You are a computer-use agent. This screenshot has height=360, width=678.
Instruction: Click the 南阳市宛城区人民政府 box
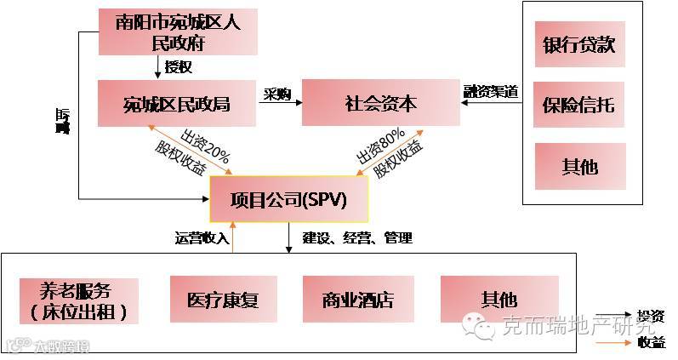coord(177,32)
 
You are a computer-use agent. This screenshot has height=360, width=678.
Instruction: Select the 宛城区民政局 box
coord(177,104)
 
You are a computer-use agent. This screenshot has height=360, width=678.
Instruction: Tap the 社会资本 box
coord(380,104)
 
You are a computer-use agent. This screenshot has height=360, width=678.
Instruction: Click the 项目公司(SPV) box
coord(289,199)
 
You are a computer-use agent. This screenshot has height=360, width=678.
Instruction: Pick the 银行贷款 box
coord(578,45)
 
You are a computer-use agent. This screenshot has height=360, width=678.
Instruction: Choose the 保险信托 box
coord(578,106)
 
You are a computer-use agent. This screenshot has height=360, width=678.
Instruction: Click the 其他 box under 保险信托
coord(578,166)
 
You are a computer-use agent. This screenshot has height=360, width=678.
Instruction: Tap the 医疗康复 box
coord(222,300)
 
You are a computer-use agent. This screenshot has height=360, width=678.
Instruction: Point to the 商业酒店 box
coord(357,300)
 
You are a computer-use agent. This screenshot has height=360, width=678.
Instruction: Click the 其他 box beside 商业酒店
coord(499,300)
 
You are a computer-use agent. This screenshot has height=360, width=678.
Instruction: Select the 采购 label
coord(277,93)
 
